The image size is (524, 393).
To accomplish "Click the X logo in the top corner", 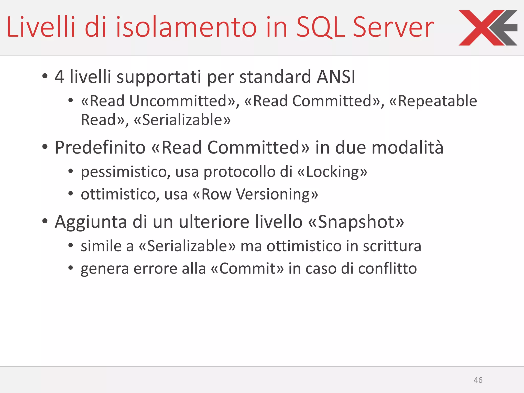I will [488, 28].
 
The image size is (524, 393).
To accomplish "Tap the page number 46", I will [478, 380].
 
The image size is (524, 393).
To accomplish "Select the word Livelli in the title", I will [41, 27].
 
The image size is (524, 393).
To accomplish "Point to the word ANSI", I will [336, 77].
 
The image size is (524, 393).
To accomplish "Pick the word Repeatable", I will [437, 101].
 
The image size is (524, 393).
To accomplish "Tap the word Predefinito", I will [100, 148].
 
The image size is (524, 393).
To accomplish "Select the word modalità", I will [407, 148].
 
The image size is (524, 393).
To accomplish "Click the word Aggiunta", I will [91, 222].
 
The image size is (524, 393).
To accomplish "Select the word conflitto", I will [387, 269].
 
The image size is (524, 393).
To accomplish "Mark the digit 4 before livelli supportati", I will [59, 77].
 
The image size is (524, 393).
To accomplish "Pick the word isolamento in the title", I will [186, 27].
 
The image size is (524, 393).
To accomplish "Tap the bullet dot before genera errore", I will [71, 268].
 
